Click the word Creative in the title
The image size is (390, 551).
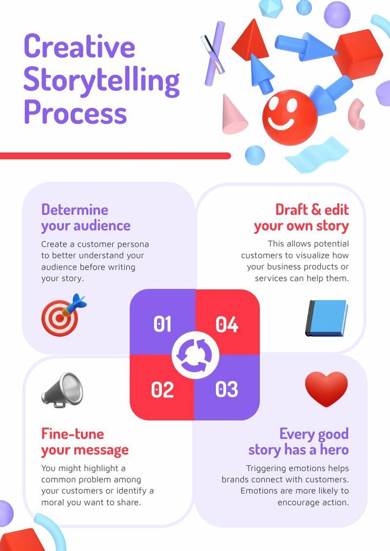79,47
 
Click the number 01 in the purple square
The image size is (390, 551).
162,324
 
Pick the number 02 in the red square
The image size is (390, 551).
162,389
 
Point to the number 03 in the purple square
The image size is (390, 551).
227,389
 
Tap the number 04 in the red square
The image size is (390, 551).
227,324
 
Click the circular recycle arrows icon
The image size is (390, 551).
195,356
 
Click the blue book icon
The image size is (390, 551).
326,318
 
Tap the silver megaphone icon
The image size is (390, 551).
62,390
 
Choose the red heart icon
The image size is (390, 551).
326,389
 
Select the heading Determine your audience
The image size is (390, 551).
86,217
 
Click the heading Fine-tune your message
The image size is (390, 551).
85,441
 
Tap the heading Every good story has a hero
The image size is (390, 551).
299,441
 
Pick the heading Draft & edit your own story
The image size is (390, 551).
302,217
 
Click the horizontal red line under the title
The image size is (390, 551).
115,156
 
